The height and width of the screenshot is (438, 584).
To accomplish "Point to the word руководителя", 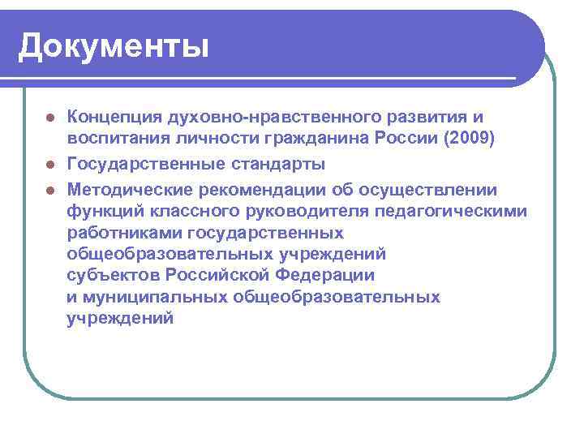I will (x=328, y=212).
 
